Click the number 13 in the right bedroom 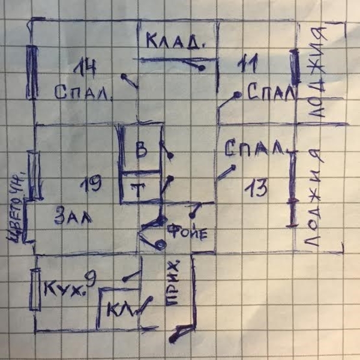coord(256,190)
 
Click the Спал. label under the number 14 coord(84,93)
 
